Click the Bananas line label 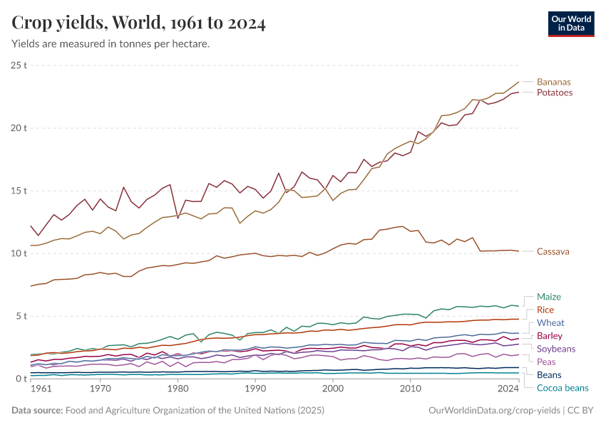(553, 82)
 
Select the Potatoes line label (554, 93)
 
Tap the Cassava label (553, 251)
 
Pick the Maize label (548, 297)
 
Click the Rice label (545, 310)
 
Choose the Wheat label (550, 323)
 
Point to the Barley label (549, 336)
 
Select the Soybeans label (555, 349)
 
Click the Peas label (546, 362)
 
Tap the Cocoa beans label (562, 388)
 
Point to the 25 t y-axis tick (19, 65)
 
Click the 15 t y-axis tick (19, 191)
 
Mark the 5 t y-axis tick (21, 316)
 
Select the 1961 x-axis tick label (41, 389)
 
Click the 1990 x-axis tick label (255, 389)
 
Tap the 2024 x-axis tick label (508, 389)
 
